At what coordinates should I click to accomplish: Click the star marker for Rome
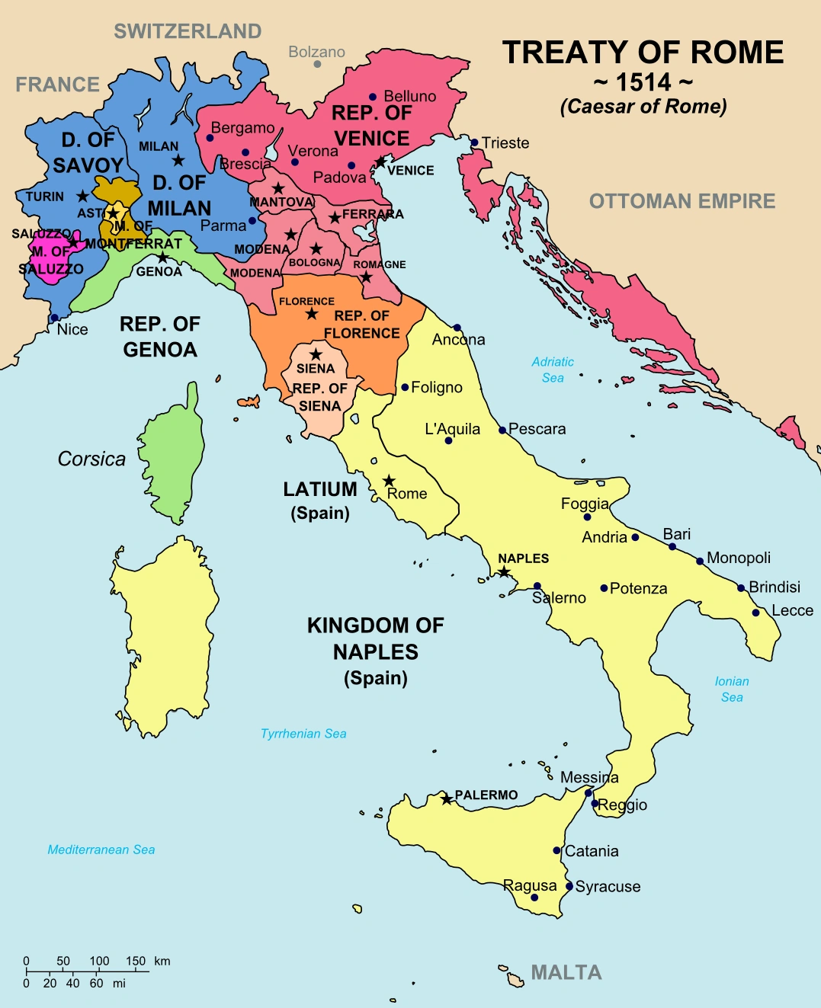point(389,481)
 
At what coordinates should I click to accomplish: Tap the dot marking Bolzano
point(317,64)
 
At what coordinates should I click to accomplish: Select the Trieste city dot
point(474,142)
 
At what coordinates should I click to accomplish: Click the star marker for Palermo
point(447,799)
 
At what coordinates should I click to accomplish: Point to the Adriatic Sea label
point(553,370)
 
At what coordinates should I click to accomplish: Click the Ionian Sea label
point(732,689)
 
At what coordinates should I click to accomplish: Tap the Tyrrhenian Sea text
point(303,734)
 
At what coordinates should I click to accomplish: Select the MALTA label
point(566,973)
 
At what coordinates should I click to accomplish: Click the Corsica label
point(91,459)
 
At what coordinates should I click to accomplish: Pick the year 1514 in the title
point(643,82)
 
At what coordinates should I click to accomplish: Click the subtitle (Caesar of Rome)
point(643,107)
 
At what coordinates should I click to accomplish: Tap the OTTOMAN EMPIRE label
point(682,201)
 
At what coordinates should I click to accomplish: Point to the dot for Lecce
point(755,613)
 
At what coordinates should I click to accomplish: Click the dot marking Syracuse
point(569,886)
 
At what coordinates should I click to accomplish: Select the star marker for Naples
point(504,571)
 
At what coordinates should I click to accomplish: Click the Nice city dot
point(54,318)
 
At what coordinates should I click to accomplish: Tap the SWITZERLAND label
point(188,31)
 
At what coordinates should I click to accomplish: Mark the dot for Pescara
point(502,430)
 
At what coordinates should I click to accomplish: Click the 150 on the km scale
point(136,961)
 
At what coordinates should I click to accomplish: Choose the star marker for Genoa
point(162,258)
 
